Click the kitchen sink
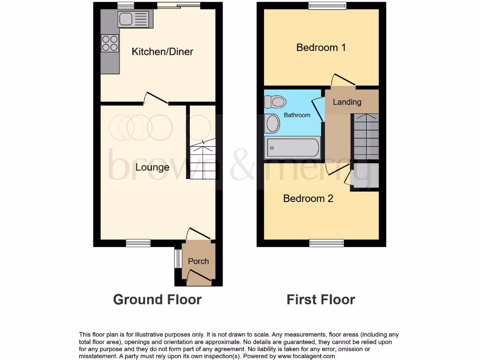(x=134, y=19)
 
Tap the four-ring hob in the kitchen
(x=110, y=43)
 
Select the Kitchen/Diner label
(x=162, y=52)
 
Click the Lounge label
(x=152, y=167)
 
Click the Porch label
(x=198, y=261)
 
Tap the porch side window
(x=178, y=259)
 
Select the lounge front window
(x=138, y=242)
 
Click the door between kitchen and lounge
(x=156, y=98)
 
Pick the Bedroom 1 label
(x=321, y=47)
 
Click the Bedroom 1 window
(x=327, y=6)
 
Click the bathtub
(x=292, y=148)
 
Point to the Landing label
(x=347, y=102)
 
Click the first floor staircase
(x=366, y=136)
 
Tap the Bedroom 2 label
(x=308, y=198)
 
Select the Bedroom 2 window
(x=326, y=242)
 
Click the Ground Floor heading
(x=157, y=300)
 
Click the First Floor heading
(x=321, y=300)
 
